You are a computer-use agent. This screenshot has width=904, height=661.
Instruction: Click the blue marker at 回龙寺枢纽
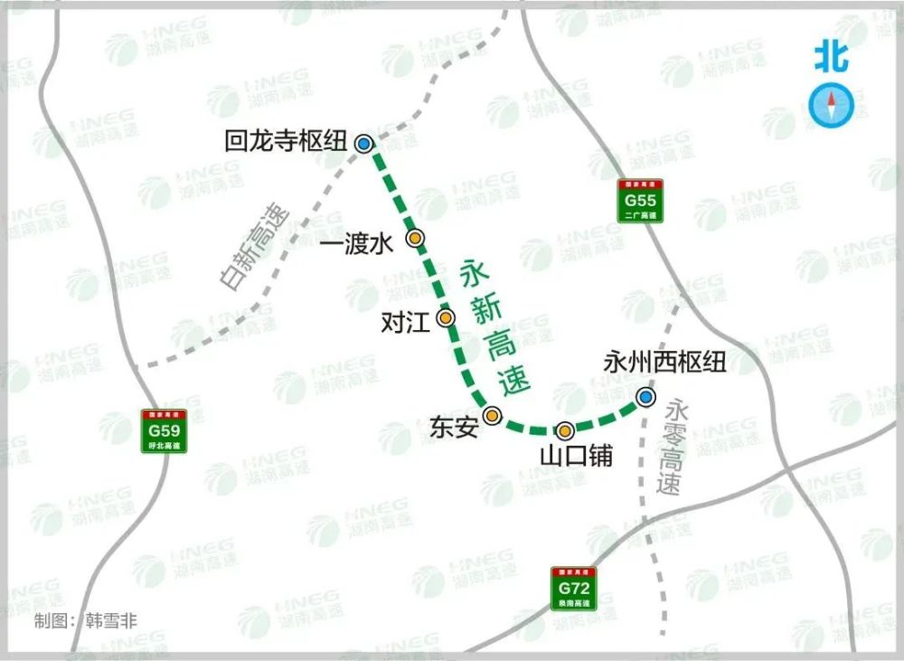tap(363, 143)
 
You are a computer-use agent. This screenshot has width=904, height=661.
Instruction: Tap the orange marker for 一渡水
tap(415, 238)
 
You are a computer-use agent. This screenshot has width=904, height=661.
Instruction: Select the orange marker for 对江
tap(446, 317)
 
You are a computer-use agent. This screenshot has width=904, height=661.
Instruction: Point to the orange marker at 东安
tap(492, 415)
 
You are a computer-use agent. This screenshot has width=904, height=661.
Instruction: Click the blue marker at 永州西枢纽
tap(645, 396)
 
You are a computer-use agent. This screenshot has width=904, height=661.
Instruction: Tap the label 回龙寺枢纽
tap(287, 141)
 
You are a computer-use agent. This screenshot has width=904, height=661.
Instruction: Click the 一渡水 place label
tap(358, 243)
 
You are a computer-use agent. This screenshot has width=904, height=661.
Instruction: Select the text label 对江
tap(406, 321)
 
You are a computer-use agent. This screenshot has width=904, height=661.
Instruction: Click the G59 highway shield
tap(164, 431)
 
